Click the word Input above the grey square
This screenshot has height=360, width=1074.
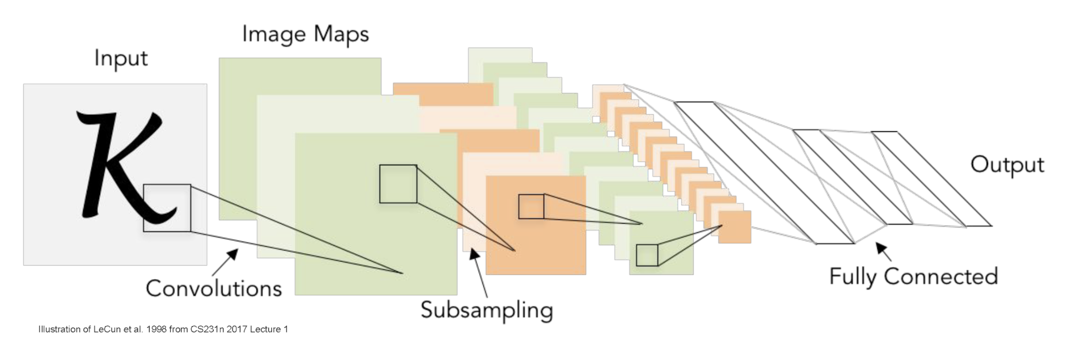[x=121, y=59]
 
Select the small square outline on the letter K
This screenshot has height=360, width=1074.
[x=167, y=208]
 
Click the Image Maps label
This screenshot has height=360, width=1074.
[x=305, y=34]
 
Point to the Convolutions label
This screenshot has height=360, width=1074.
[x=214, y=288]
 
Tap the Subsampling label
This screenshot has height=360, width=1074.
[x=486, y=310]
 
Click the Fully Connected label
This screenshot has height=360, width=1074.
[x=913, y=276]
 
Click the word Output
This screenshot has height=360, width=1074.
[x=1007, y=165]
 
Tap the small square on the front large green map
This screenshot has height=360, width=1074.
[x=398, y=184]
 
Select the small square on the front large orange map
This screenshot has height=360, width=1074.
[x=531, y=207]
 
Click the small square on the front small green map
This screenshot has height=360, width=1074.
[x=647, y=255]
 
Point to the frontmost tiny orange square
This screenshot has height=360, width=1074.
[x=735, y=227]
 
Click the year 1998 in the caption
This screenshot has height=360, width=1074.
[x=156, y=329]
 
